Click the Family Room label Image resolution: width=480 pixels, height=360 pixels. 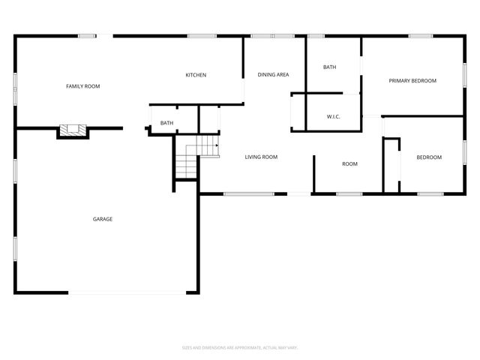click(x=82, y=87)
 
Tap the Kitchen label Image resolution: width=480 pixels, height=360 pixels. click(x=196, y=75)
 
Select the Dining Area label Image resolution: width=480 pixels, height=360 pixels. click(x=273, y=75)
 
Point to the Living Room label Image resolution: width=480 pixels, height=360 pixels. click(x=261, y=157)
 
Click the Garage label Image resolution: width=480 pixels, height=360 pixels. click(x=103, y=219)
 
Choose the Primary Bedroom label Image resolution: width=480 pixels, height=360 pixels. click(x=412, y=81)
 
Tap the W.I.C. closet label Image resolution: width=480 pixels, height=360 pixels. click(x=334, y=117)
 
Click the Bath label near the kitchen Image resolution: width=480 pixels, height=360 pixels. click(x=166, y=123)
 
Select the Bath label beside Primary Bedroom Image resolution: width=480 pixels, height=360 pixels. click(x=330, y=67)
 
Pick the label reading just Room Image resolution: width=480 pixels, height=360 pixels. click(x=349, y=164)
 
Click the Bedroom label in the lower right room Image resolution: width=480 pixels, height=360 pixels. click(x=429, y=157)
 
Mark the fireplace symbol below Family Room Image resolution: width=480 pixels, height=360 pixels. click(x=73, y=130)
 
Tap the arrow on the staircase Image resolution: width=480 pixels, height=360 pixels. click(x=214, y=144)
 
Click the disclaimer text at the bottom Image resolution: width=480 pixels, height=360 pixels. click(x=240, y=347)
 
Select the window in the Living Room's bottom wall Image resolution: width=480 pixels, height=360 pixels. click(x=249, y=194)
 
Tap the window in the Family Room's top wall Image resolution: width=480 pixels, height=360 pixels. click(x=87, y=35)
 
